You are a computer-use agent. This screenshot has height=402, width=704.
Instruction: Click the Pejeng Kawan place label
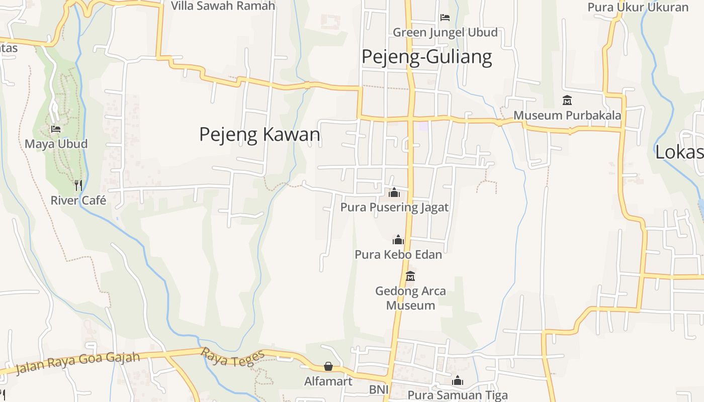coord(259,135)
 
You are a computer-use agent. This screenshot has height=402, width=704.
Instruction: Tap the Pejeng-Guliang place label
coord(426,57)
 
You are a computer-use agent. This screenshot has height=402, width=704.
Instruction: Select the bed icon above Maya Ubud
coord(56,129)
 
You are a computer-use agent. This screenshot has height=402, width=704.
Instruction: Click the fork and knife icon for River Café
coord(78,185)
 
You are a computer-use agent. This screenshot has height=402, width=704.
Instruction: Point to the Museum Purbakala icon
coord(567,100)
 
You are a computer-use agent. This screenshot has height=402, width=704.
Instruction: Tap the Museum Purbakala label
coord(567,115)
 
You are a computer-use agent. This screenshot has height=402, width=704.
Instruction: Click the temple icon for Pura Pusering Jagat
coord(394,192)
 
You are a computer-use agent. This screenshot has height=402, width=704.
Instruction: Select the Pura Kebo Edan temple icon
coord(398,240)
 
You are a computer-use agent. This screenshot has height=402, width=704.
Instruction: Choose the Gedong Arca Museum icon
coord(410,276)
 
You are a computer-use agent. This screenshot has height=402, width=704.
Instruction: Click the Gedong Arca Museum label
coord(410,298)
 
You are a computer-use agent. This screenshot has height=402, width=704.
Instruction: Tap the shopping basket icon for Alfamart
coord(328,366)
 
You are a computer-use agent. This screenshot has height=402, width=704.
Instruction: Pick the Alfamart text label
coord(328,381)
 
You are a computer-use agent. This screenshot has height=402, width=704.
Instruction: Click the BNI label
coord(379,389)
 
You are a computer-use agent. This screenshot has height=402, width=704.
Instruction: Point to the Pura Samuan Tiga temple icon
coord(458,380)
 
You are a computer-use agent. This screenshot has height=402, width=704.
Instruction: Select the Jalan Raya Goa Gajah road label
coord(77,363)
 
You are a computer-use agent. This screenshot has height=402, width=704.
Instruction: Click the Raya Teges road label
coord(232,358)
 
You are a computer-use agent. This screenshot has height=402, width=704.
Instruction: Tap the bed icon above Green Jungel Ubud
coord(445,18)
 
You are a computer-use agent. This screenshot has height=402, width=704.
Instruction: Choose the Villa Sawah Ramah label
coord(223,6)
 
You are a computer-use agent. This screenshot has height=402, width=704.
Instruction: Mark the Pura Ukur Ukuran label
coord(638,7)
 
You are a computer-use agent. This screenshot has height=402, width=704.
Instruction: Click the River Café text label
coord(78,200)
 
